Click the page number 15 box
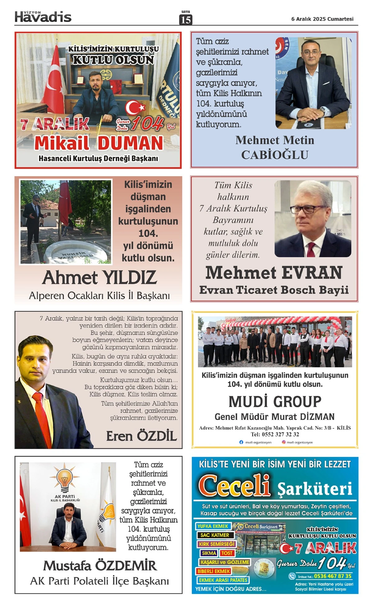186,19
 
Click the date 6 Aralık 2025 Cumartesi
322,19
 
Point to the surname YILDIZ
130,278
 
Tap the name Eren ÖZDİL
141,436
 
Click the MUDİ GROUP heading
275,401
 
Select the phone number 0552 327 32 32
275,434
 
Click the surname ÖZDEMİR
126,566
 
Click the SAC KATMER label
214,535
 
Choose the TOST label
227,553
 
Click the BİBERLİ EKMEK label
214,571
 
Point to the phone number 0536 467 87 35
333,576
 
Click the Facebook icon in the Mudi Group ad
241,442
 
